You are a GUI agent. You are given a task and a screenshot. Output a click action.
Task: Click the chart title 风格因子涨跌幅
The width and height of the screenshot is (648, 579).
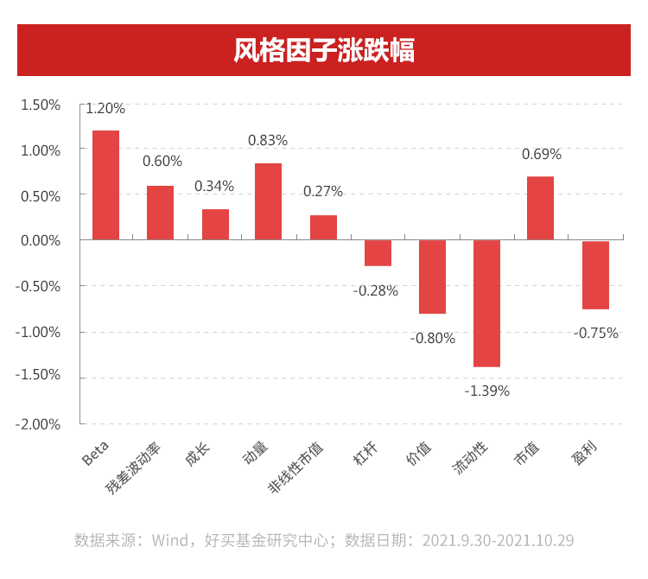(x=324, y=50)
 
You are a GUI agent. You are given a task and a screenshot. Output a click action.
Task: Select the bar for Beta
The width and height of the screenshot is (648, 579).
(x=105, y=185)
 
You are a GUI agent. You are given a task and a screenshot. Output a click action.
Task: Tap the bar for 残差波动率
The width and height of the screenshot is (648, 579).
(x=160, y=213)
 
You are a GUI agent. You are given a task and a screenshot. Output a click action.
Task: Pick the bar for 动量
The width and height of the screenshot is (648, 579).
(x=268, y=201)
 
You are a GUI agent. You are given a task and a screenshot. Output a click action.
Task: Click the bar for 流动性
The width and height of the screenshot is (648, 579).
(x=486, y=303)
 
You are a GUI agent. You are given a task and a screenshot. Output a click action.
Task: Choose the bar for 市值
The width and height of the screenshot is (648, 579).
(x=540, y=208)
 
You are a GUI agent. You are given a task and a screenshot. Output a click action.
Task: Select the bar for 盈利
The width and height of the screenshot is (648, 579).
(x=595, y=275)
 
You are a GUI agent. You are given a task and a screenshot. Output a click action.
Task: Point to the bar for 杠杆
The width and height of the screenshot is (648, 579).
(x=378, y=252)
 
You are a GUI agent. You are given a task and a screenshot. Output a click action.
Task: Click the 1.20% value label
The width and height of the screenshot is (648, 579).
(x=105, y=109)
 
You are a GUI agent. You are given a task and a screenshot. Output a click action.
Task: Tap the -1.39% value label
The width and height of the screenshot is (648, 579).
(x=487, y=391)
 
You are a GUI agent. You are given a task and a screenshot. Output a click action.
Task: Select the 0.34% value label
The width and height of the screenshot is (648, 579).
(x=214, y=186)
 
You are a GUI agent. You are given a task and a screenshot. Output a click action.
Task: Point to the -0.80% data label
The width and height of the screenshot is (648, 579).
(x=432, y=338)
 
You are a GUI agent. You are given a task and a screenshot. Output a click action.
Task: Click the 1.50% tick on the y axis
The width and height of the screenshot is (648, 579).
(x=41, y=105)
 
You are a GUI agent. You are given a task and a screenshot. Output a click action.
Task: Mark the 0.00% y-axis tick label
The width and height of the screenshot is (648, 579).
(x=41, y=240)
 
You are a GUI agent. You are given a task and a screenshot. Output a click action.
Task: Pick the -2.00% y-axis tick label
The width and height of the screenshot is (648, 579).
(x=39, y=423)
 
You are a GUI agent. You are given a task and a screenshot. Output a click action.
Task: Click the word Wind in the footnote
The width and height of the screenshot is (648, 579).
(x=170, y=541)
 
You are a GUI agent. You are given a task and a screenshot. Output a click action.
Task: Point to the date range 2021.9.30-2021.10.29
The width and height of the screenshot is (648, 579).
(x=498, y=541)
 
